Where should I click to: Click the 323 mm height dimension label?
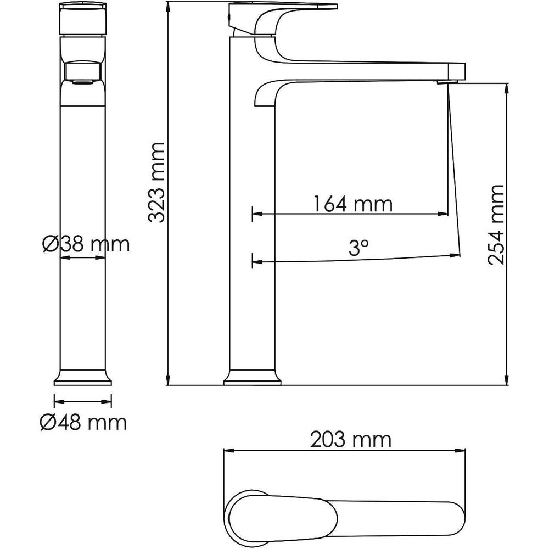(x=156, y=182)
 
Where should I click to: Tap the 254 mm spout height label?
(x=495, y=225)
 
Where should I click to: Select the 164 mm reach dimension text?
(x=352, y=204)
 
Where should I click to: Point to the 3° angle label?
(x=358, y=248)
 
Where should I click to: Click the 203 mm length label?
(x=351, y=440)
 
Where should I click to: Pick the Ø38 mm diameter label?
(x=86, y=244)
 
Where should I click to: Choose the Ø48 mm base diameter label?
(x=83, y=422)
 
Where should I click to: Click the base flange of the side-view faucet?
(x=253, y=378)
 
